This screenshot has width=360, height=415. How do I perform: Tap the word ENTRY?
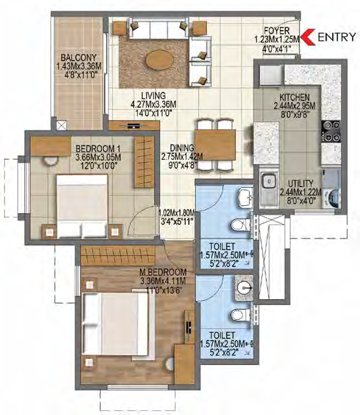click(x=337, y=37)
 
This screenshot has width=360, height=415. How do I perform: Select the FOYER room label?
click(x=277, y=31)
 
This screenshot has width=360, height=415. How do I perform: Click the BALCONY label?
click(x=79, y=57)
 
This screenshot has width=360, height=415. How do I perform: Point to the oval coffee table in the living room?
click(x=160, y=59)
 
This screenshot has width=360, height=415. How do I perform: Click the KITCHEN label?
click(x=295, y=97)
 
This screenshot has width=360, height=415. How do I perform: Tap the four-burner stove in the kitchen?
click(x=331, y=131)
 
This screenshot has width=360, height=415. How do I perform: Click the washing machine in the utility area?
click(x=331, y=198)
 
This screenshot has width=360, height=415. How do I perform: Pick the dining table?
click(x=215, y=145)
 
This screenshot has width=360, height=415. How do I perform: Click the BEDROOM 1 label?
click(x=98, y=149)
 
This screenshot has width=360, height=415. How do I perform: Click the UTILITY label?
click(x=301, y=183)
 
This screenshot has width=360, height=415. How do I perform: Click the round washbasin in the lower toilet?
click(x=244, y=288)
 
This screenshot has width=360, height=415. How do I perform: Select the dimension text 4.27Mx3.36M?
click(x=153, y=105)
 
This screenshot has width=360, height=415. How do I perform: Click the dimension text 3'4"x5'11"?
click(x=177, y=221)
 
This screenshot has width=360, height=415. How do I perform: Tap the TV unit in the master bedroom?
click(x=189, y=326)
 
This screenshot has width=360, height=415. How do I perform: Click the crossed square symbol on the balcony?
click(x=62, y=125)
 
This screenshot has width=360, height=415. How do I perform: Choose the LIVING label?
click(x=153, y=95)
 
